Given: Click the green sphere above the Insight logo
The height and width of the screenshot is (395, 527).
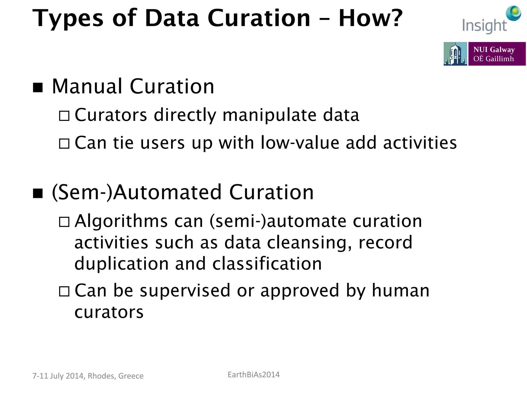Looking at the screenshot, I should (514, 13).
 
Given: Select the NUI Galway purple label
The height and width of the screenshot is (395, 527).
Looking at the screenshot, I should (497, 54).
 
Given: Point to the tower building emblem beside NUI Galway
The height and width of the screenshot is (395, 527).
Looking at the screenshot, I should (455, 54).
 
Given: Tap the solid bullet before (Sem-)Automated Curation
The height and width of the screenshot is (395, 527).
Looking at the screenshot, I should (38, 193).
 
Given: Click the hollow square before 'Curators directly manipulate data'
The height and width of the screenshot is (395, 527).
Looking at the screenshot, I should (64, 116).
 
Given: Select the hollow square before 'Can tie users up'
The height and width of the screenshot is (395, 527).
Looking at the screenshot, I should (64, 143).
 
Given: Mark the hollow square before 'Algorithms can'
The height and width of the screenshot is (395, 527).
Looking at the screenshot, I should (64, 222).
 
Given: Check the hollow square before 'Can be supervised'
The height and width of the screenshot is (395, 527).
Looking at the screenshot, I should (64, 291).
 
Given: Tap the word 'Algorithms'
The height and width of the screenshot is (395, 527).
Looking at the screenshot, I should (121, 221).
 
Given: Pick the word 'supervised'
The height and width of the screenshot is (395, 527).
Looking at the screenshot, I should (185, 291).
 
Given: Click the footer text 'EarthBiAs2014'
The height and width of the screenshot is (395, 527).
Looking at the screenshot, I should (253, 375).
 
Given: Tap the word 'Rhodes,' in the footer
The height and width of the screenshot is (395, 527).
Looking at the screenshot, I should (102, 376).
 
